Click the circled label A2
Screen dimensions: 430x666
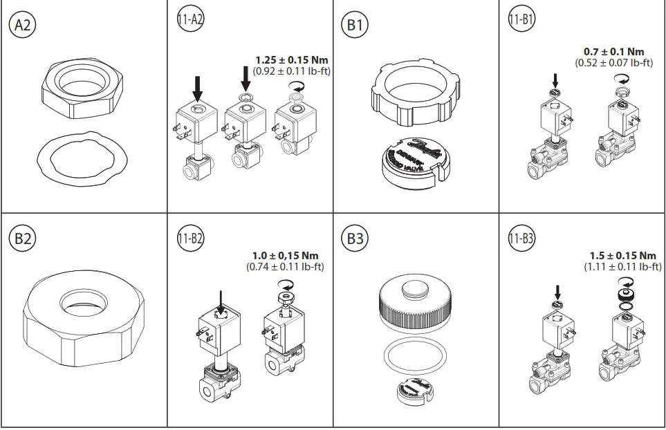coord(21,26)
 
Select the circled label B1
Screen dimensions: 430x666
coord(355,26)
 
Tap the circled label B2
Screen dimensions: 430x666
coord(21,239)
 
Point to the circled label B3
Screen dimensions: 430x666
coord(355,239)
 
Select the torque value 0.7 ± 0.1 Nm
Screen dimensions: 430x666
coord(614,51)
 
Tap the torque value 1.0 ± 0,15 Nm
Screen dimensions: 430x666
coord(284,255)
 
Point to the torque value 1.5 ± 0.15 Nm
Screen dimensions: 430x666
coord(622,255)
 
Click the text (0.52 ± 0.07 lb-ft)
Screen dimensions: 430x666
coord(614,63)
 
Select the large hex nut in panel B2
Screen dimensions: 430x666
coord(82,318)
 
